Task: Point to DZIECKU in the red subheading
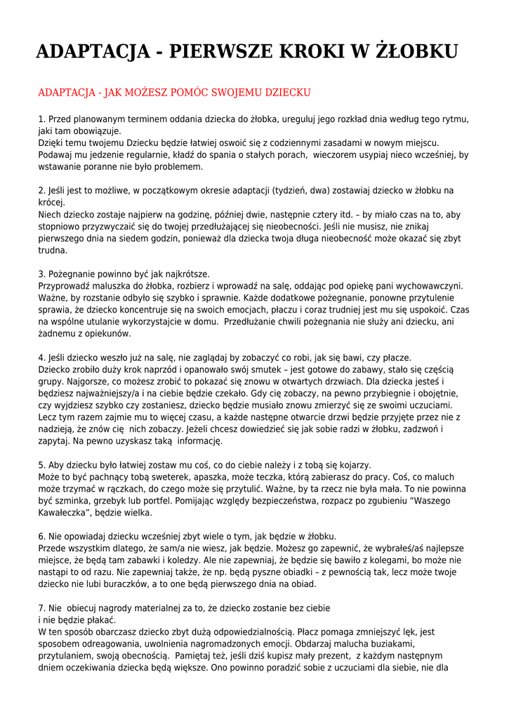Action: tap(281, 93)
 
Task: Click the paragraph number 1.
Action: tap(41, 119)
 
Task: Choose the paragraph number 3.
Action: tap(41, 274)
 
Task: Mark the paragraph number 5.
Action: tap(41, 465)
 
